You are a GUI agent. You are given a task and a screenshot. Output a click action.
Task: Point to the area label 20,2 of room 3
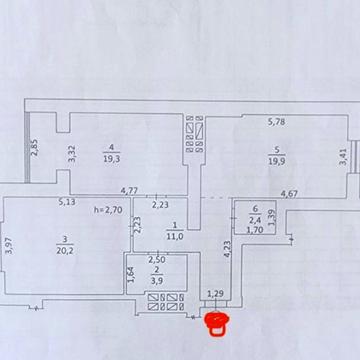pos(68,252)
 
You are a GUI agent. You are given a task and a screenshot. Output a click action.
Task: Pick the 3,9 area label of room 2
pos(156,283)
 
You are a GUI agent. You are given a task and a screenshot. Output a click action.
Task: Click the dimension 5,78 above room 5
pos(277,123)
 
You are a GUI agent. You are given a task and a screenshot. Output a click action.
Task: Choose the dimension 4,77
pos(130,190)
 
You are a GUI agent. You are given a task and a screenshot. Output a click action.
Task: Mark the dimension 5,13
pos(67,202)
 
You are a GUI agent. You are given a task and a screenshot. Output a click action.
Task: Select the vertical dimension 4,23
pos(227,248)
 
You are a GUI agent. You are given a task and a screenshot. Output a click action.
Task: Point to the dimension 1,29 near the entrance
pos(215,294)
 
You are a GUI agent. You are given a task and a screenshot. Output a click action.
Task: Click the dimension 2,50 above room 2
pos(158,261)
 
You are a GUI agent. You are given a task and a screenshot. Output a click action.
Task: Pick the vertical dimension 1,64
pos(131,275)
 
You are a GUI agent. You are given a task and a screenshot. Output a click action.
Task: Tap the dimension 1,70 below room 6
pos(256,229)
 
